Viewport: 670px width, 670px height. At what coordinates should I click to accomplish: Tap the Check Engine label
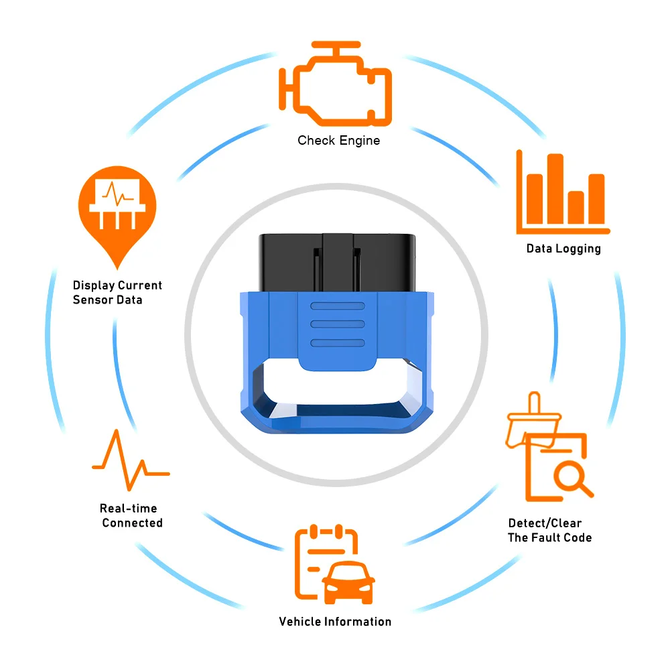[x=338, y=141]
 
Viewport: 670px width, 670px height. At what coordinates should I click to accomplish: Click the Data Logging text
[x=563, y=249]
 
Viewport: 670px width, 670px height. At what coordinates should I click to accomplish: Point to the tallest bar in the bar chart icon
[x=555, y=190]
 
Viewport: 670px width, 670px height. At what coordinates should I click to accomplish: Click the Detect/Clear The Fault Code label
[x=549, y=530]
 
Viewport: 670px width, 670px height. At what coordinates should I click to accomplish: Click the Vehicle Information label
[x=335, y=622]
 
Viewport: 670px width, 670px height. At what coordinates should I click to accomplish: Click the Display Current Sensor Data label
[x=117, y=293]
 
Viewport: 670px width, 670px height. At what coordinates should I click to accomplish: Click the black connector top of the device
[x=335, y=261]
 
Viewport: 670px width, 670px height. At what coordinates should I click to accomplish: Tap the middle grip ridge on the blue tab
[x=337, y=324]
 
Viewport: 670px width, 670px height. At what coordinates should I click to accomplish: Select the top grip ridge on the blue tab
[x=337, y=307]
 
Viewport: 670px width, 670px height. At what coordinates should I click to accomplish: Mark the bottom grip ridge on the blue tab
[x=337, y=343]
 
